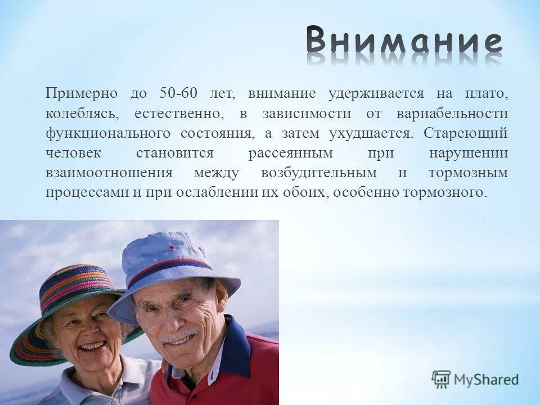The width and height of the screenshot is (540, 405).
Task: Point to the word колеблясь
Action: [x=82, y=113]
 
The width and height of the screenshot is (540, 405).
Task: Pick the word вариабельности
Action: [x=452, y=113]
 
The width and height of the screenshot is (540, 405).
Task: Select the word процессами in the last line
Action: [x=88, y=192]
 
